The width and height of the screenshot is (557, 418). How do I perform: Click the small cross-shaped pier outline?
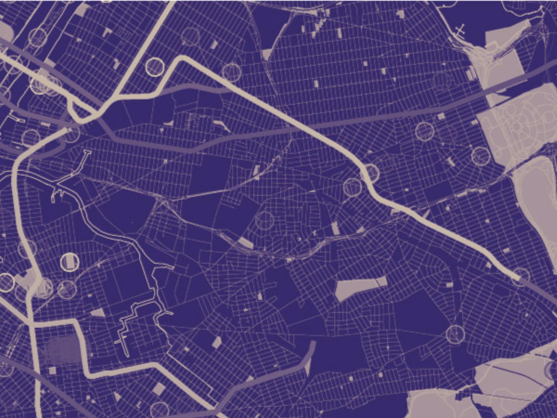(460, 30)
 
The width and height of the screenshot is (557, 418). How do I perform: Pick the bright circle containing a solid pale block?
(70, 262)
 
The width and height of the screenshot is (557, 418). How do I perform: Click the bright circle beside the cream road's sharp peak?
(154, 66)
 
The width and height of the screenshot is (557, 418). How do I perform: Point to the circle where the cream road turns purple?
(520, 277)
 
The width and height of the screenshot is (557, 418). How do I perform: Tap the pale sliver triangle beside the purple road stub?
(308, 367)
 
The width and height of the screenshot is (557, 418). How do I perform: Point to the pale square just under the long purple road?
(441, 117)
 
